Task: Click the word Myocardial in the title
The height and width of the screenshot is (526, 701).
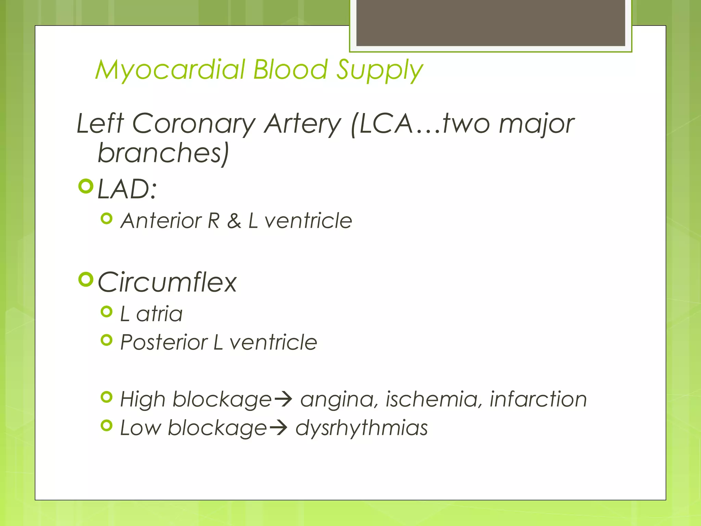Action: [170, 70]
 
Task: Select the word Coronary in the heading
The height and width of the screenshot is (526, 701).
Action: [194, 124]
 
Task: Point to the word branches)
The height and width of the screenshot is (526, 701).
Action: [163, 153]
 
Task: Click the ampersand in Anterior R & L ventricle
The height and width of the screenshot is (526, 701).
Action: [234, 221]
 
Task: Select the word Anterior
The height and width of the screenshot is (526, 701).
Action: [161, 221]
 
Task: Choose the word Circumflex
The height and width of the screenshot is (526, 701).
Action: [167, 283]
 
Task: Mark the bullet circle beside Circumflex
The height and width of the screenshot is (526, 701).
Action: [86, 279]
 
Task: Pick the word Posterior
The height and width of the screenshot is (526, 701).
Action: [164, 342]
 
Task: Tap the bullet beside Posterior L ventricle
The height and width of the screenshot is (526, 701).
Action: [107, 340]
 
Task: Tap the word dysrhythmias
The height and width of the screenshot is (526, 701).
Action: [361, 428]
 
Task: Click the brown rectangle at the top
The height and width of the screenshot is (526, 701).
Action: [490, 23]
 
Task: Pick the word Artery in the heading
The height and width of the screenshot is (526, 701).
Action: [303, 124]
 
